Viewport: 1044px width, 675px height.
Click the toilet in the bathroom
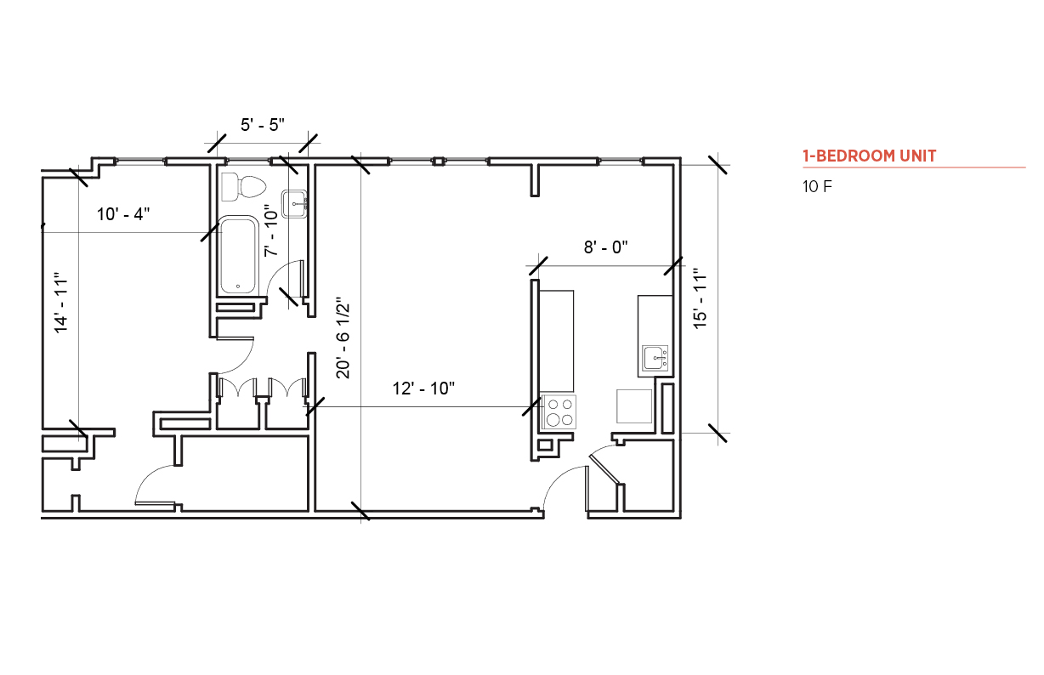point(243,187)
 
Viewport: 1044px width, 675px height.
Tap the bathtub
point(239,255)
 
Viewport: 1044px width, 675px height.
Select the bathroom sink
point(294,204)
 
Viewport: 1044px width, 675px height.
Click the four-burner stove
point(559,411)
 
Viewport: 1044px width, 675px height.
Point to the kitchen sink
point(655,358)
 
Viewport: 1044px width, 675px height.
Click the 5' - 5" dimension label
point(263,125)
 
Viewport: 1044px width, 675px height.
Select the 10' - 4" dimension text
point(123,214)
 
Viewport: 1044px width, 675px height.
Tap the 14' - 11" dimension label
point(61,303)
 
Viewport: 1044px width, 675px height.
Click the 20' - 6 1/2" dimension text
point(343,337)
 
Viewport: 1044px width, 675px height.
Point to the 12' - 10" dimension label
point(423,389)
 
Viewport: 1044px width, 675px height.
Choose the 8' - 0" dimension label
point(605,247)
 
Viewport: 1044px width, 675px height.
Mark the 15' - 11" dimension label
point(700,298)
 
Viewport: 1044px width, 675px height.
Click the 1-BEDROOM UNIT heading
point(869,156)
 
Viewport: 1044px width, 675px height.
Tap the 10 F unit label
point(817,187)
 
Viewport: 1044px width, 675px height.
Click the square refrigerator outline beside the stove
point(634,406)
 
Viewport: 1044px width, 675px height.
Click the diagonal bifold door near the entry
point(604,468)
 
